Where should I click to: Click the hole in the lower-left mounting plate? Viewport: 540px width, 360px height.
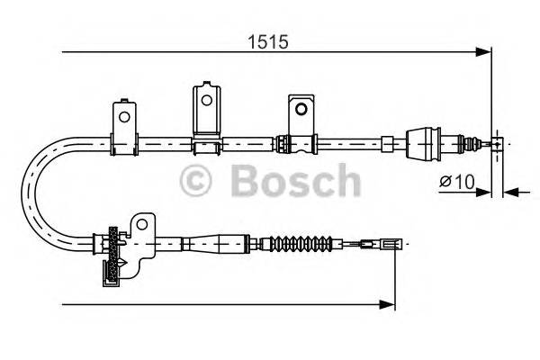click(x=142, y=221)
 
